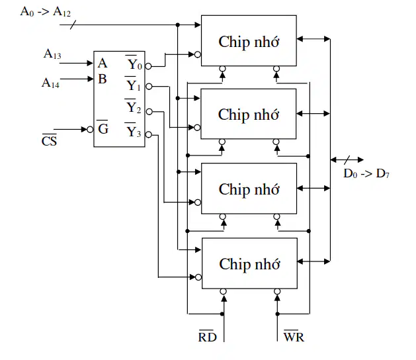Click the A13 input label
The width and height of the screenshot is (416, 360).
click(52, 54)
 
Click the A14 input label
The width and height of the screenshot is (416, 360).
click(50, 83)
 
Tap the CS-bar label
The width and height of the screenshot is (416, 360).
click(49, 140)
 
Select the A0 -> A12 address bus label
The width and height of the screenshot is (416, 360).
click(46, 12)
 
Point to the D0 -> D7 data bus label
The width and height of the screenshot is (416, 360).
click(366, 173)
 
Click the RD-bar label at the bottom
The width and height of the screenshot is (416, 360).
click(208, 336)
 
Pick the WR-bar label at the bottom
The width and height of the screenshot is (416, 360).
click(294, 336)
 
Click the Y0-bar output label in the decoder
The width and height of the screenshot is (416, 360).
click(134, 63)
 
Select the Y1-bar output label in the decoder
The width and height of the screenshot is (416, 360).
click(133, 85)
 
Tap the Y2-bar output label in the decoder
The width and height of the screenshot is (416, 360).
click(133, 107)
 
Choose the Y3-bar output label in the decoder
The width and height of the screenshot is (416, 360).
click(133, 130)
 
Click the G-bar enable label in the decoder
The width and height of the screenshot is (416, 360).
click(103, 128)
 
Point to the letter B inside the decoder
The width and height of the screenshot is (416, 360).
click(103, 79)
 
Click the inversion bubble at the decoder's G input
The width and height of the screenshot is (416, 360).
click(90, 130)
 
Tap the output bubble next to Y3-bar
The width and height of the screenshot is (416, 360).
click(149, 135)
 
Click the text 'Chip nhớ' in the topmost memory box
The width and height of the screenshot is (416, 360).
click(249, 42)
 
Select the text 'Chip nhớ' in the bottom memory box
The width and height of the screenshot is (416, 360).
click(249, 264)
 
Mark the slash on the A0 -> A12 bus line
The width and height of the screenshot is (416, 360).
click(73, 24)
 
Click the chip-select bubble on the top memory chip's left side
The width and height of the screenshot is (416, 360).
click(198, 55)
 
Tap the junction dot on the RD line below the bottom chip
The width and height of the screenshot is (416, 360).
click(222, 314)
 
